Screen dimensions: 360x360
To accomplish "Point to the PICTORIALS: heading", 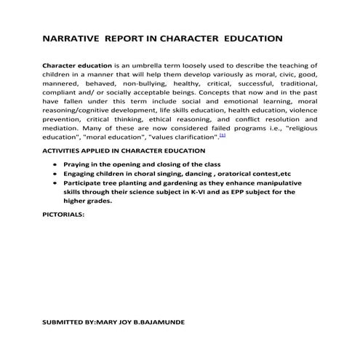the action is click(65, 216).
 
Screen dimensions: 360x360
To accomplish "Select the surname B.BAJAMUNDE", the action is click(155, 321).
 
